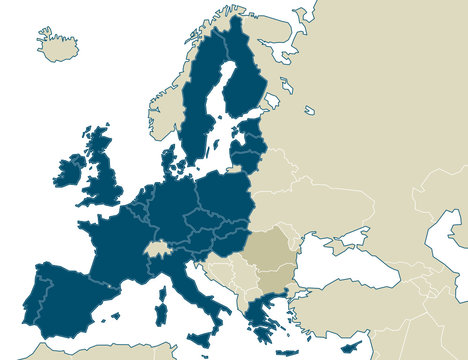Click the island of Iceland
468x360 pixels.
58,43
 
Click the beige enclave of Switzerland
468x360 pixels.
156,247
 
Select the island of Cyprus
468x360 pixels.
349,347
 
